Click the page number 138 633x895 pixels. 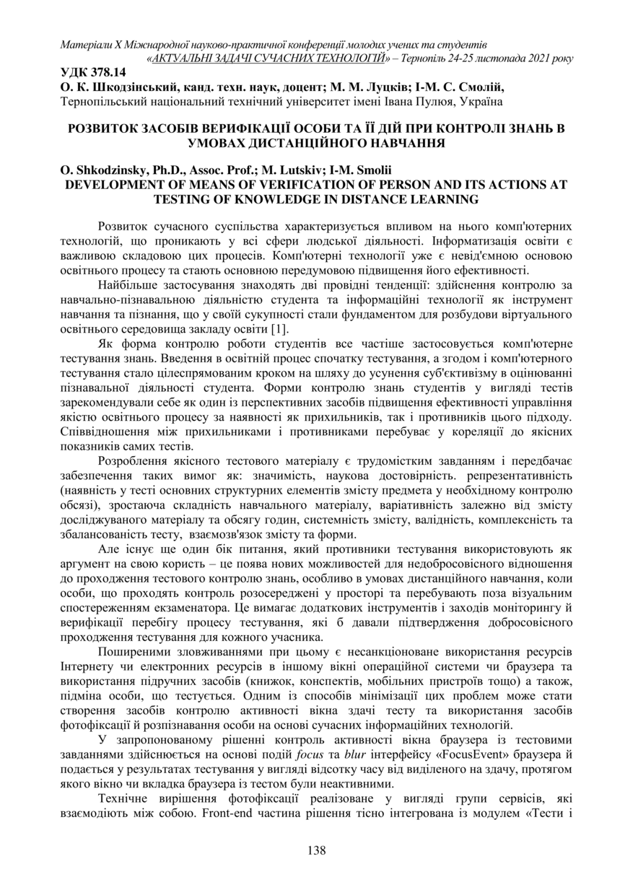pos(316,850)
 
